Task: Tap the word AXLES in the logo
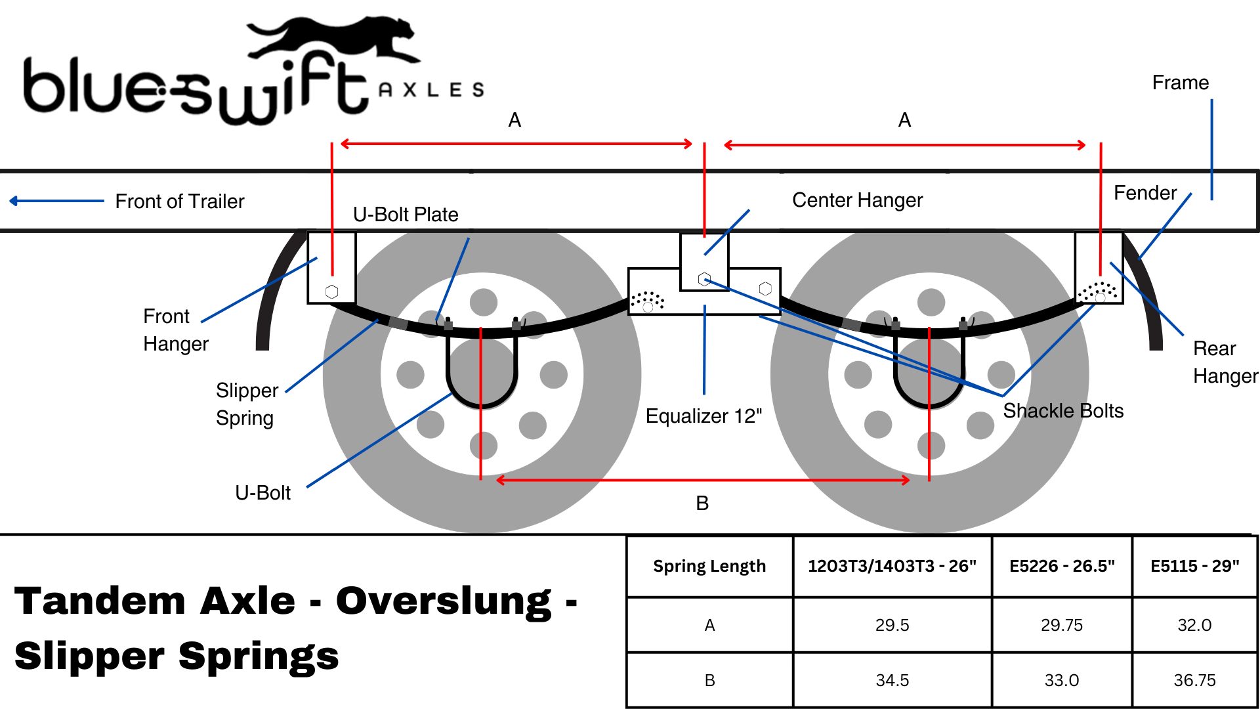tap(431, 90)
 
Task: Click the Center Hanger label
tap(857, 200)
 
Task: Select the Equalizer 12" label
tap(703, 416)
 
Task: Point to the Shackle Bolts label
tap(1063, 411)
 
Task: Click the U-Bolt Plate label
tap(406, 215)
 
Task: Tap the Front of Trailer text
tap(179, 202)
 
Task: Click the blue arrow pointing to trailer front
tap(56, 201)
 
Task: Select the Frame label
tap(1180, 83)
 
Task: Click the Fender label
tap(1145, 193)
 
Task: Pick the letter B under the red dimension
tap(702, 504)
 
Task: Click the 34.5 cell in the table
tap(892, 680)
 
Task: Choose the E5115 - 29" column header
tap(1194, 566)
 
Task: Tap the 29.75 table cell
tap(1061, 625)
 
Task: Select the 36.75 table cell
tap(1194, 680)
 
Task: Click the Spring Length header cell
tap(709, 566)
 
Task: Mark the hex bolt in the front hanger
tap(332, 291)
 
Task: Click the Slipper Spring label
tap(247, 404)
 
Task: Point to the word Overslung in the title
tap(444, 601)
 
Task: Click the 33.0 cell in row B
tap(1061, 680)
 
